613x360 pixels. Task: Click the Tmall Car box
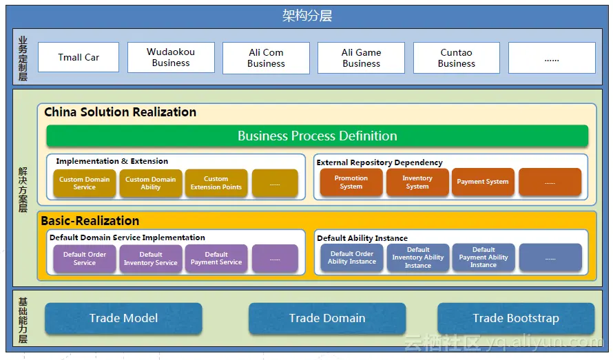[x=79, y=57]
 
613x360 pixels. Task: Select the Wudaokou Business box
[x=171, y=57]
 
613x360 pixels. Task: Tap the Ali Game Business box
[x=361, y=58]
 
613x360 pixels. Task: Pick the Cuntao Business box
[x=457, y=58]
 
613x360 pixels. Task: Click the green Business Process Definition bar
[x=317, y=136]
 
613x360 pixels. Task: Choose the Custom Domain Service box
[x=85, y=183]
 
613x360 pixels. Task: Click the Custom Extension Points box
[x=216, y=183]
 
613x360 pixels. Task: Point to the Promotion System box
[x=351, y=182]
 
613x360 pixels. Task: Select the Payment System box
[x=483, y=182]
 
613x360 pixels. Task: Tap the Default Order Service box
[x=85, y=258]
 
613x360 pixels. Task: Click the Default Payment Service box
[x=216, y=258]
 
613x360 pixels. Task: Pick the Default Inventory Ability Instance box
[x=418, y=257]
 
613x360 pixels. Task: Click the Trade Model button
[x=123, y=318]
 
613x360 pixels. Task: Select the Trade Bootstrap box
[x=516, y=318]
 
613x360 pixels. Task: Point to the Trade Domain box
[x=327, y=318]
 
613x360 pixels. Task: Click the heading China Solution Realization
[x=120, y=112]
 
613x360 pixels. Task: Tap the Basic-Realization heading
[x=90, y=221]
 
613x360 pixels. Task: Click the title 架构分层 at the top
[x=307, y=16]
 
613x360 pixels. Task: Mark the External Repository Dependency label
[x=380, y=162]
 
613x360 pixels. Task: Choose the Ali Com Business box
[x=267, y=58]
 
